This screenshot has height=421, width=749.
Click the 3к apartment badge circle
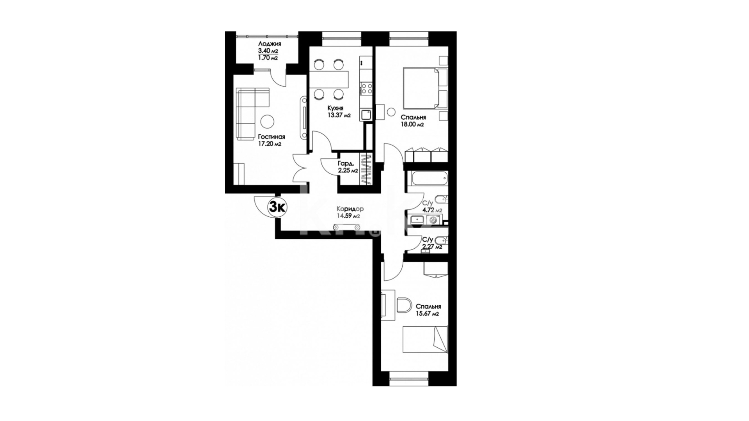click(277, 207)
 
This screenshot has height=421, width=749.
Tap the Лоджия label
click(269, 44)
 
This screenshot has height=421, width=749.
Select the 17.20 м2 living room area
click(270, 144)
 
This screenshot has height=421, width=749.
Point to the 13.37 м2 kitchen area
click(339, 115)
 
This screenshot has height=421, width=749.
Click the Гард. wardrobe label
click(346, 164)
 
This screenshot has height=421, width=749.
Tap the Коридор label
click(350, 209)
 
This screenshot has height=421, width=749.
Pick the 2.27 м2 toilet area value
click(433, 246)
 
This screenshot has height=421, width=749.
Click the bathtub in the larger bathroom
click(427, 180)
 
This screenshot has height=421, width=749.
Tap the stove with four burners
click(366, 88)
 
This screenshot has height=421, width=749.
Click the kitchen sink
click(366, 115)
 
